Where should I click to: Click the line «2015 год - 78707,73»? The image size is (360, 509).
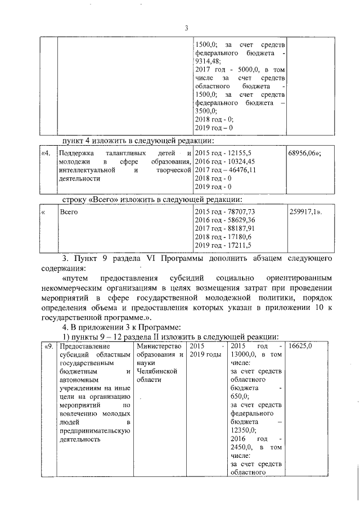point(225,211)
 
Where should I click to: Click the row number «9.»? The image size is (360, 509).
point(49,346)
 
